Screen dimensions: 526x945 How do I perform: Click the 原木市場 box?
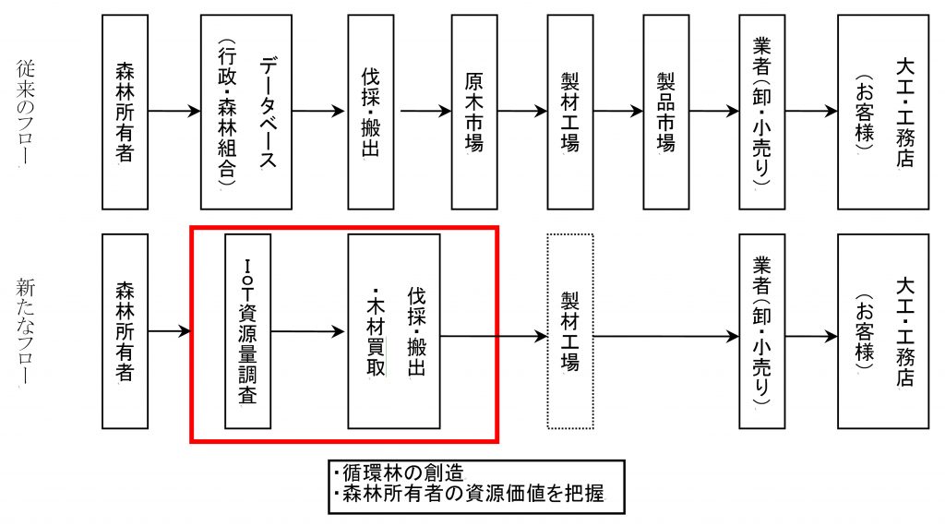(473, 112)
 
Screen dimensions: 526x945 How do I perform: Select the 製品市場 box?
(665, 112)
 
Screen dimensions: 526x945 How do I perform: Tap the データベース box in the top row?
(246, 112)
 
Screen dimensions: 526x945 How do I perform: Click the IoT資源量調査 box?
(247, 330)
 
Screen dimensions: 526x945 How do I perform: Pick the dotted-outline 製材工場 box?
(569, 330)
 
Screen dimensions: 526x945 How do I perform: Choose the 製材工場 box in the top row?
(569, 112)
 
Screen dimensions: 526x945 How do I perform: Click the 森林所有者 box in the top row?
(125, 112)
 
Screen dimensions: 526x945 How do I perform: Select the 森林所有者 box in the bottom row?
(125, 330)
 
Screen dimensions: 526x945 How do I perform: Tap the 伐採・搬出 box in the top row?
(370, 112)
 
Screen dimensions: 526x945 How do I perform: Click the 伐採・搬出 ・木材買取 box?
(393, 330)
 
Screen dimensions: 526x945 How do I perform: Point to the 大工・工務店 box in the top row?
(882, 112)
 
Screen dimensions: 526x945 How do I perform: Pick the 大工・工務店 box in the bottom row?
(882, 330)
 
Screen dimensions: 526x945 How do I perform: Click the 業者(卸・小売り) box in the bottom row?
(761, 330)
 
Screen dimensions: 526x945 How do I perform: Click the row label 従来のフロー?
(25, 113)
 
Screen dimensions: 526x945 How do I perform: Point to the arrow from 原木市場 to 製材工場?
(522, 112)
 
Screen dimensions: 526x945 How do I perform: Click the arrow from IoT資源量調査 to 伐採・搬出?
(308, 330)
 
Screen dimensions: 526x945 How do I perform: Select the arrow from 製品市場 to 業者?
(713, 112)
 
